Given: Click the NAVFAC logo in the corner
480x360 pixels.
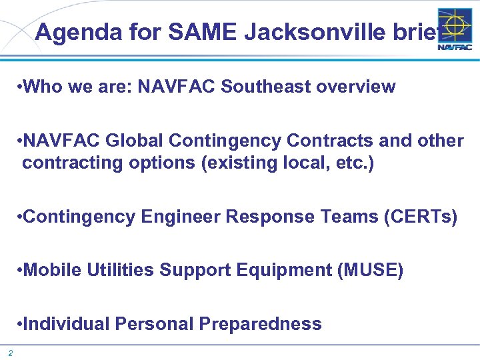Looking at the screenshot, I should (x=455, y=30).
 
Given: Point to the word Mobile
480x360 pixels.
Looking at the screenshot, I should (x=51, y=270).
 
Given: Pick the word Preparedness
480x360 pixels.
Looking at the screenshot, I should (x=260, y=324).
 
